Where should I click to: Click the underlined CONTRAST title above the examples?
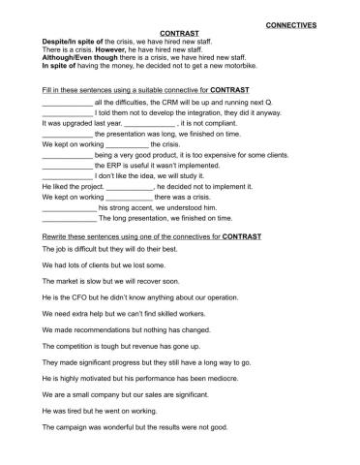pos(177,32)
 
